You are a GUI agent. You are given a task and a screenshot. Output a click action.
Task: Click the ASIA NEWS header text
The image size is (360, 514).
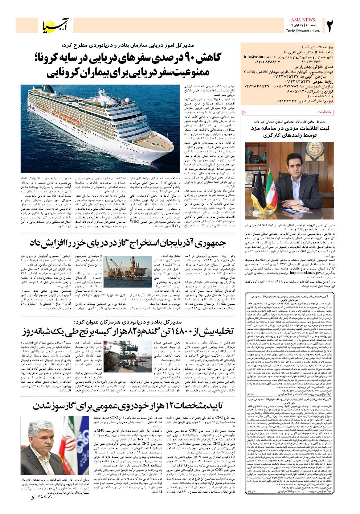tap(302, 20)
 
